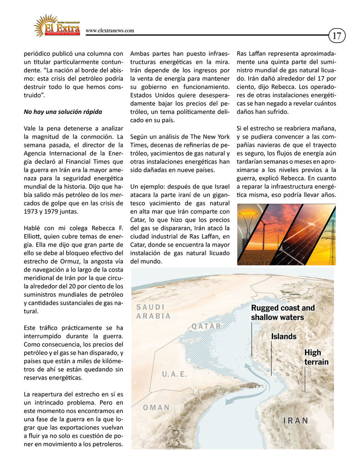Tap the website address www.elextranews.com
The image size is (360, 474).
pos(110,31)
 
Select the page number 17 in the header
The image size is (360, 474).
pos(337,36)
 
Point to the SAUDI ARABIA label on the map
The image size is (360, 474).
pos(153,312)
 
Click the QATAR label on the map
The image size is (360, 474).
pos(206,327)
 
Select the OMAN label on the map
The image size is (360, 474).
pos(156,408)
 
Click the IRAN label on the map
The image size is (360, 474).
pos(296,421)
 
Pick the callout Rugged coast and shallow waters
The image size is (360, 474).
pos(283,312)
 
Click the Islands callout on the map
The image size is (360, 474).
pos(284,336)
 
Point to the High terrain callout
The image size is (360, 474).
pos(316,357)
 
